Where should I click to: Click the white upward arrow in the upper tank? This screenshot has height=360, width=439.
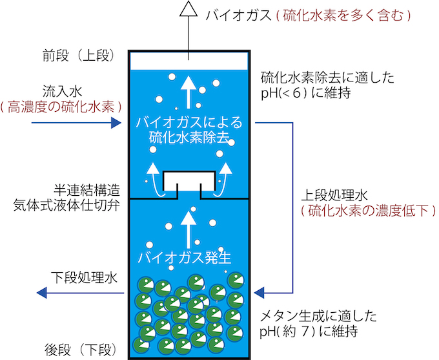coord(188,90)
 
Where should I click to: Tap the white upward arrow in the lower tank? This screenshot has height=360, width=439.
coord(188,226)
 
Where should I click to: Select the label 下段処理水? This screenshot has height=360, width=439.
coord(84,278)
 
